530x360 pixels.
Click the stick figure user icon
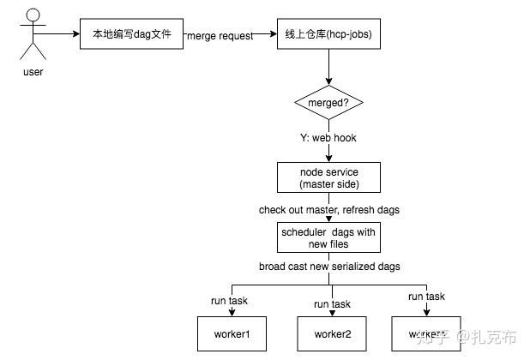tap(33, 32)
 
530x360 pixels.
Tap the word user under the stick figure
tap(33, 72)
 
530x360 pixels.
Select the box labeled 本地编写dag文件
tap(131, 36)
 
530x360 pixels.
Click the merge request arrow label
tap(220, 36)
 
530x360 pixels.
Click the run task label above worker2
tap(332, 304)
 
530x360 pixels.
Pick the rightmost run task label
tap(427, 297)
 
